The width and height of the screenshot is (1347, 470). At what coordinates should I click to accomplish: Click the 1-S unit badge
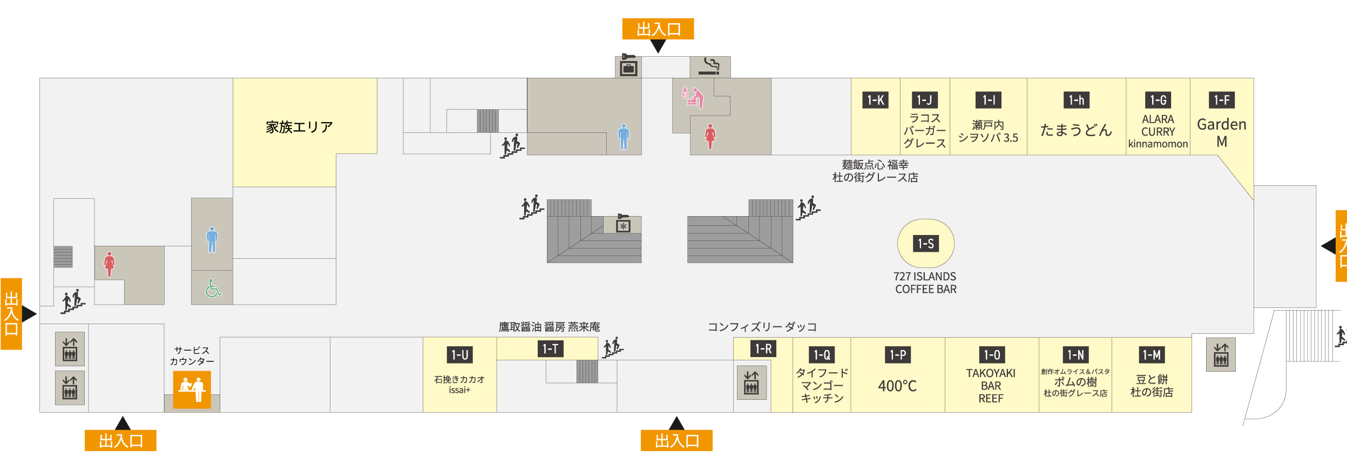(926, 244)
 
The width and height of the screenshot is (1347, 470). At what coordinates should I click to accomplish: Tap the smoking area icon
(710, 67)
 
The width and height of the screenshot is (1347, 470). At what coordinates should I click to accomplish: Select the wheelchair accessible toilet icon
(213, 288)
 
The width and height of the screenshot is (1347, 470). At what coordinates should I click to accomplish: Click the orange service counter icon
(192, 389)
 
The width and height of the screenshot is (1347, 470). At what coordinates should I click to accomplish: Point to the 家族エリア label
(299, 127)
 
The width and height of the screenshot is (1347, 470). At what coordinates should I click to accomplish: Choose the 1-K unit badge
(875, 100)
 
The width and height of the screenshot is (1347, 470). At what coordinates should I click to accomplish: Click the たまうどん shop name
(1076, 130)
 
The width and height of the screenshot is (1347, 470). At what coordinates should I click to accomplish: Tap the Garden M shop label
(1222, 132)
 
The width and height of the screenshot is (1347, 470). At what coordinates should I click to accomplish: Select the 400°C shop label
(897, 386)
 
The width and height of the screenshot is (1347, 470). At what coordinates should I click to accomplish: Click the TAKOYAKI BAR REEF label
(991, 386)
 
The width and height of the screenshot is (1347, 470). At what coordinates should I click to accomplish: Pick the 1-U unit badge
(460, 355)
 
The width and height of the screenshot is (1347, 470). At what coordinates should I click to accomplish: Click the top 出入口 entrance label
(658, 29)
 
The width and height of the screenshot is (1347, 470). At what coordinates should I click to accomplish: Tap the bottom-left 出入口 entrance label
(120, 441)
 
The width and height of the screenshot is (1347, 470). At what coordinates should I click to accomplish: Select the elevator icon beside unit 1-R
(752, 382)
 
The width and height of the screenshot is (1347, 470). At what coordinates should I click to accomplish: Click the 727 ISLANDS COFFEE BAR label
(925, 283)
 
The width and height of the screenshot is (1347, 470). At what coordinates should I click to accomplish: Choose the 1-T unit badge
(550, 349)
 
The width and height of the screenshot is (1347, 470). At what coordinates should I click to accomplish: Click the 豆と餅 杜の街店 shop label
(1152, 386)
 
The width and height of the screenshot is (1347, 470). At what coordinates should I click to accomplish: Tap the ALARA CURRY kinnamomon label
(1158, 131)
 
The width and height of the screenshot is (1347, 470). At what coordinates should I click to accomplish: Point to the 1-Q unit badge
(822, 355)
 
